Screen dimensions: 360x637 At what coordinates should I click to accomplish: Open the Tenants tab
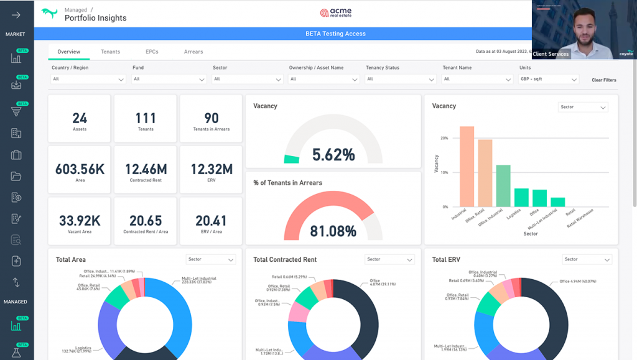coord(110,52)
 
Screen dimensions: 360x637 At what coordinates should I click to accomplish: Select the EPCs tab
coord(152,52)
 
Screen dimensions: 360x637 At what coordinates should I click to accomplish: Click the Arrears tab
coord(193,52)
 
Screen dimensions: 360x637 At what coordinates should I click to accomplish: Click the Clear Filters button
coord(603,80)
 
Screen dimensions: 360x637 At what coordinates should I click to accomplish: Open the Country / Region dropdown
coord(88,80)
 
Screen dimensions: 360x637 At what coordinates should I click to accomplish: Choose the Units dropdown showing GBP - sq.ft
coord(549,80)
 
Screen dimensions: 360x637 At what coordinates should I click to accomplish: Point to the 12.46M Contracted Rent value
coord(146,169)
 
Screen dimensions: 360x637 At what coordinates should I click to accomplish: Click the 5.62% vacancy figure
coord(333,155)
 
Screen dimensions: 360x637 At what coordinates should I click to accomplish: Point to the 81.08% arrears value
coord(333,231)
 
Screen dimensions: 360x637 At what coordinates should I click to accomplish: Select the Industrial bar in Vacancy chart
coord(467,167)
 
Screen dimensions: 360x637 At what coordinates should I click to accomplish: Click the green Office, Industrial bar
coord(503,185)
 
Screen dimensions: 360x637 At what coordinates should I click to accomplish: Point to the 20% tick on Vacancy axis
coord(444,138)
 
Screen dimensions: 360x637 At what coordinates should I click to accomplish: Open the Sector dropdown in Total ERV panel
coord(587,259)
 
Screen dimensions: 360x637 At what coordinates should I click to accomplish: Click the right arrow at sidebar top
coord(16,15)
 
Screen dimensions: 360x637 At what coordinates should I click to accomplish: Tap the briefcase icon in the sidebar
coord(16,155)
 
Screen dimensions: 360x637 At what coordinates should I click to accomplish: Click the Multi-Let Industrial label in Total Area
coord(199,281)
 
